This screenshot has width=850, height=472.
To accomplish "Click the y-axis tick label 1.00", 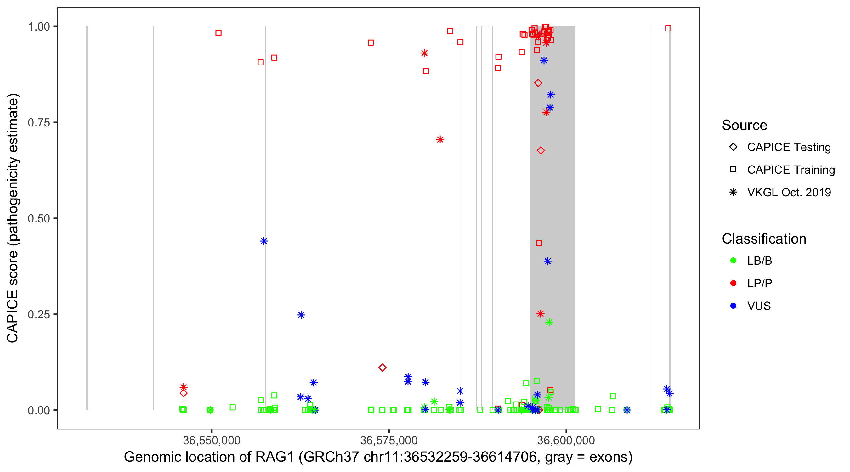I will pos(39,27).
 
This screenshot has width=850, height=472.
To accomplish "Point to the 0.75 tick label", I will pos(39,123).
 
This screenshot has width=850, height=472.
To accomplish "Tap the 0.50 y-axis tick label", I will pos(39,219).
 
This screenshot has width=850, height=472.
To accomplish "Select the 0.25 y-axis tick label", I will pos(39,314).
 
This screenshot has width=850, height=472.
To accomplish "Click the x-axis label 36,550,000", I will pos(212,440).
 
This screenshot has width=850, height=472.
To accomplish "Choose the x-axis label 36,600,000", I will pos(566,440).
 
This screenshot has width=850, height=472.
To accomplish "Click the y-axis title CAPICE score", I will pos(13,218).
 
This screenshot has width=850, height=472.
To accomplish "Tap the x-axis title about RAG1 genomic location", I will pos(378,457).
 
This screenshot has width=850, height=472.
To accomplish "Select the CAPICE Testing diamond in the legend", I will pos(733,147).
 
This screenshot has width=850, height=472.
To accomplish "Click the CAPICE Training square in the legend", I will pos(733,170).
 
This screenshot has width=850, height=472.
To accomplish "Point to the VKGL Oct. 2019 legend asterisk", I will pos(733,192).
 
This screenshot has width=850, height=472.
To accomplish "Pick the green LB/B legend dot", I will pos(733,261).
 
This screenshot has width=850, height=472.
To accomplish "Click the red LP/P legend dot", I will pos(733,283).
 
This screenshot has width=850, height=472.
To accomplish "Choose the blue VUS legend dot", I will pos(733,306).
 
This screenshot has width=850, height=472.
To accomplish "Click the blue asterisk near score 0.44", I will pos(263,241).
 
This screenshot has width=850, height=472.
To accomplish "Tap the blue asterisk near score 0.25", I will pos(301,315).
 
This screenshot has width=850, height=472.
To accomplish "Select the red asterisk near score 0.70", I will pos(440,139).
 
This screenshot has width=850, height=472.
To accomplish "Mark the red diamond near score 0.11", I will pos(382,368).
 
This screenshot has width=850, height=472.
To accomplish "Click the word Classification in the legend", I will pos(764,239).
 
